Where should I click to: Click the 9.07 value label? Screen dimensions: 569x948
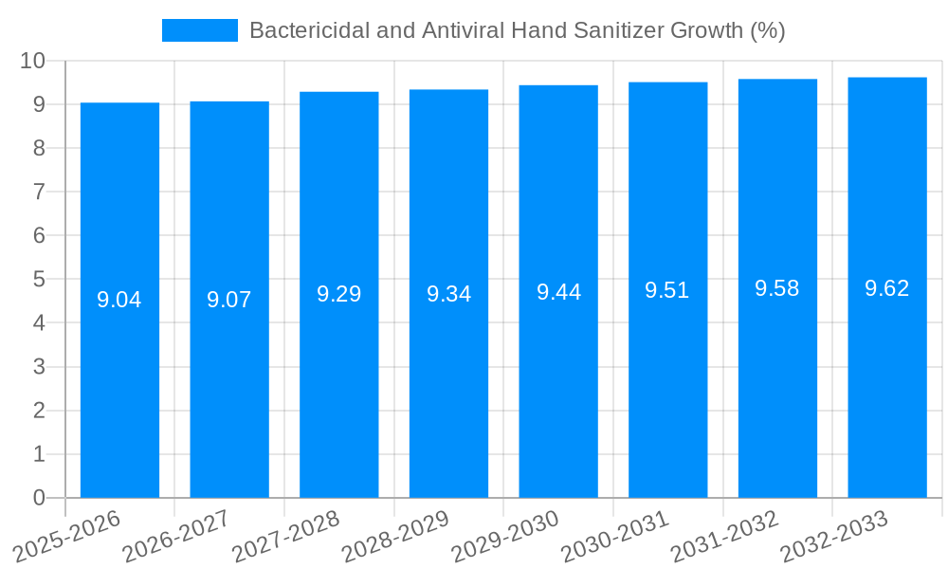(229, 300)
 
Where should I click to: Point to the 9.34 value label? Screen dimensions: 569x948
(448, 294)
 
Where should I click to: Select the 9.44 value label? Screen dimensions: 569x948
(558, 292)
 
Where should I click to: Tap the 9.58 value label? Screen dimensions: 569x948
(777, 288)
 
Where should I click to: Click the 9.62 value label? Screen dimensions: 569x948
(886, 288)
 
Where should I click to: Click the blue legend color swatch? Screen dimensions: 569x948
(199, 30)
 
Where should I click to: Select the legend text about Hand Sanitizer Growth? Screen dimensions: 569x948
(517, 30)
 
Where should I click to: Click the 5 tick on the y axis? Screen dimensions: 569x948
(39, 280)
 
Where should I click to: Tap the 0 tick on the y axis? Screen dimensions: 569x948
(39, 498)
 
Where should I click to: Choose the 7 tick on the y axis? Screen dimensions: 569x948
(39, 192)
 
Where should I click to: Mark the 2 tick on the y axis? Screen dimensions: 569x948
(39, 411)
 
